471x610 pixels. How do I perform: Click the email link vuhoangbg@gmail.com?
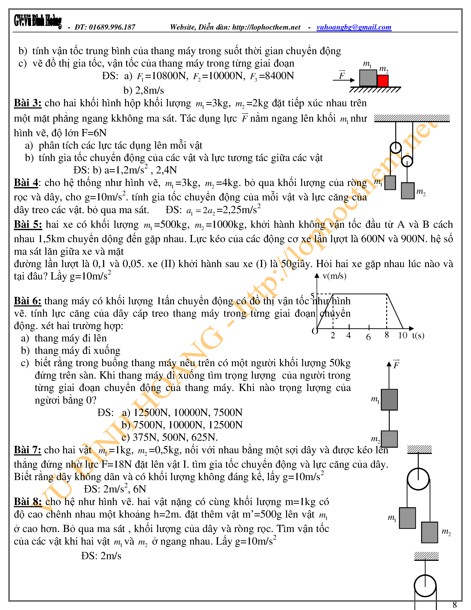(x=354, y=27)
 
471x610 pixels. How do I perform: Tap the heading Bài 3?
(x=28, y=103)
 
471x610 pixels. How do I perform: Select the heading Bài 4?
(x=26, y=183)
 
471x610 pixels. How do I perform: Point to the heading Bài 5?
(x=28, y=225)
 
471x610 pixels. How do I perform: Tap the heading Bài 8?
(x=28, y=502)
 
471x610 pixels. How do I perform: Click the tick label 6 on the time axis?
(x=368, y=337)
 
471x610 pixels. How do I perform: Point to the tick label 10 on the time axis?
(x=403, y=335)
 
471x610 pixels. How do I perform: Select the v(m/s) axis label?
(x=334, y=276)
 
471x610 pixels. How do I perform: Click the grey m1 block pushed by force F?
(x=368, y=78)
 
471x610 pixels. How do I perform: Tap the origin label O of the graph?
(x=315, y=331)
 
